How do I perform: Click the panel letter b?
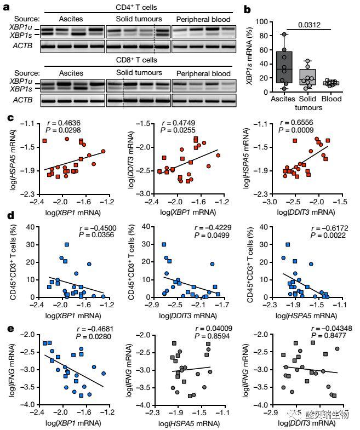pos(247,9)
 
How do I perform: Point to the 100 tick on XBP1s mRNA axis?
pos(266,22)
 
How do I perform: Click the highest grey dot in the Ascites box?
pos(284,35)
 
